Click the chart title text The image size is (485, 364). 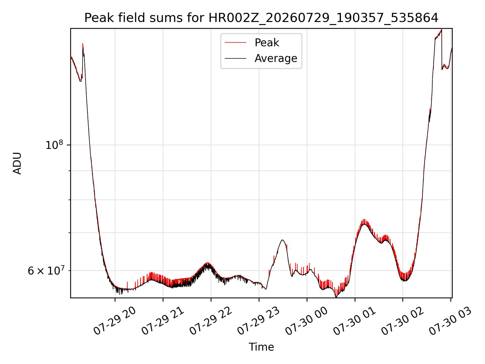261,18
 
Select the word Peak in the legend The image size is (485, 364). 267,43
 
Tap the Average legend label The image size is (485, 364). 276,58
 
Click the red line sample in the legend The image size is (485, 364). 235,43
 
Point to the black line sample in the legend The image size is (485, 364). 235,58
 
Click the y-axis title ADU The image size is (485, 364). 17,163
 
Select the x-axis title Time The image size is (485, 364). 261,347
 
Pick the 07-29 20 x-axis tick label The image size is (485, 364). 115,321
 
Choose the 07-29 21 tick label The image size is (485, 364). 163,321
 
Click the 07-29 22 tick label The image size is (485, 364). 211,321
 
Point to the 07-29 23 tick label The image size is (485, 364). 259,321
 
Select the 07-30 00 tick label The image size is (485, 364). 307,321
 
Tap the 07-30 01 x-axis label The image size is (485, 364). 355,321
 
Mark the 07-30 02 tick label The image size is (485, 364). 403,321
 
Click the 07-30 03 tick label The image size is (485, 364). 451,321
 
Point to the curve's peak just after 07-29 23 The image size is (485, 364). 282,240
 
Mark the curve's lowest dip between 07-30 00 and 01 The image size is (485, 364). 336,297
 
